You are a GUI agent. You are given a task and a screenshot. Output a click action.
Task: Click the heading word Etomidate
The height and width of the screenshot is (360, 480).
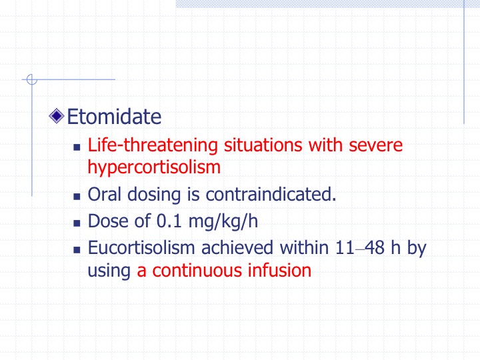tap(114, 117)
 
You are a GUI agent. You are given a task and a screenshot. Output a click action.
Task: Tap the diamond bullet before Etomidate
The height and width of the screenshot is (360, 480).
tap(56, 116)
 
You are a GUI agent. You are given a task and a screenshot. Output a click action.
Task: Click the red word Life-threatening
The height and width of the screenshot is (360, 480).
tap(153, 145)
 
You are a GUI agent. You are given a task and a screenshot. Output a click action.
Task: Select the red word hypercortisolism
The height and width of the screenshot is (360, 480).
tap(154, 168)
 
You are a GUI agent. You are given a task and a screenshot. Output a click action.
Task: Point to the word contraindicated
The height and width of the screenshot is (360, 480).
tap(271, 194)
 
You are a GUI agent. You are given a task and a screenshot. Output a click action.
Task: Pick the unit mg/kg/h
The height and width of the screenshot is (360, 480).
tap(223, 221)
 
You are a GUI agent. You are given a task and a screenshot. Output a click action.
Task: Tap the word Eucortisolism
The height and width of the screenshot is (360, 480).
tap(141, 247)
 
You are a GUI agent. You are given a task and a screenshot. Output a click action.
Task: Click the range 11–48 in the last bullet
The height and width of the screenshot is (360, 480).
tap(360, 247)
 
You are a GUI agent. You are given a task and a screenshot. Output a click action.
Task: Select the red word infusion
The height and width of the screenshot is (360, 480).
tap(279, 270)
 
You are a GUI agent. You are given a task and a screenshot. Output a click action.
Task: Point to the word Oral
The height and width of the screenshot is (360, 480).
tap(105, 194)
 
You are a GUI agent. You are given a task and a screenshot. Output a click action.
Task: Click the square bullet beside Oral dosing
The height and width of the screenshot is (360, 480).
tap(77, 196)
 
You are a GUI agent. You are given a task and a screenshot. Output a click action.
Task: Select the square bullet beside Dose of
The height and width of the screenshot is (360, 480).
tap(77, 223)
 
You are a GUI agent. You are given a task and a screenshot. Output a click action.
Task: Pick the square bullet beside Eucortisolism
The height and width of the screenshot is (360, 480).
tap(77, 250)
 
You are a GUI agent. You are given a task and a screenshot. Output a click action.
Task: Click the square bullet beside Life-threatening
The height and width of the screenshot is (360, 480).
tap(77, 147)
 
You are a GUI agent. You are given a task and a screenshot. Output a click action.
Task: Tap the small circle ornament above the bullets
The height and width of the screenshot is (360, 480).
tap(32, 79)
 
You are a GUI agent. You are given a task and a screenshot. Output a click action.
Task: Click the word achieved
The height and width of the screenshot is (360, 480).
tap(237, 247)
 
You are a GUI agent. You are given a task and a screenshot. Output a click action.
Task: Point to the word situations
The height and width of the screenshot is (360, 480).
tap(263, 145)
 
